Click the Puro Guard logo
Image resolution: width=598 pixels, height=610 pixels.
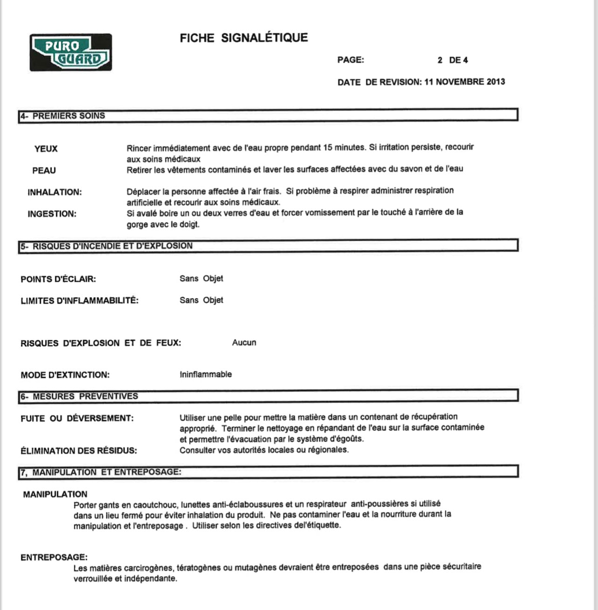click(71, 52)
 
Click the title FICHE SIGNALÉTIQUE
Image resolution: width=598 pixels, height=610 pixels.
click(244, 38)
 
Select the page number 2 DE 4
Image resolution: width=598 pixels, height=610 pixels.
click(452, 60)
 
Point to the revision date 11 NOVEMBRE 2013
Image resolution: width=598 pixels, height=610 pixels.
click(464, 82)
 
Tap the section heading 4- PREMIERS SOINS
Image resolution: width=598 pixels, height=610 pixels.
click(63, 116)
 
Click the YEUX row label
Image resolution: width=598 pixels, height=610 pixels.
click(46, 149)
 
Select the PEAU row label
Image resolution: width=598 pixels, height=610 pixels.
click(44, 171)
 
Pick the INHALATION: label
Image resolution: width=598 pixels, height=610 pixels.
click(54, 192)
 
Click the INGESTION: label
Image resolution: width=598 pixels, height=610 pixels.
click(52, 214)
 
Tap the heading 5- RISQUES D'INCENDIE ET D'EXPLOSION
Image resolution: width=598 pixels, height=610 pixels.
click(107, 246)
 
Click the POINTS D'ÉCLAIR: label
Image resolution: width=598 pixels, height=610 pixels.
click(58, 279)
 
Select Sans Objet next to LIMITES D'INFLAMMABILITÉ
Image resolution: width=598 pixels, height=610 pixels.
click(201, 300)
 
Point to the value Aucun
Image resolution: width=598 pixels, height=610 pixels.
click(244, 343)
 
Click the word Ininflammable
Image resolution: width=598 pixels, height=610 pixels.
click(206, 374)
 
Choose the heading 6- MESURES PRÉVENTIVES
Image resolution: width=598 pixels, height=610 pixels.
click(79, 397)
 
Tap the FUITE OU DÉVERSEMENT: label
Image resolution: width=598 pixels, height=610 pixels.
click(77, 418)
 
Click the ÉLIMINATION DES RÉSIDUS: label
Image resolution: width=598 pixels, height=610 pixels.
click(79, 451)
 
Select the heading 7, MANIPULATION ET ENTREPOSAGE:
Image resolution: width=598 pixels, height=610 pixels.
click(101, 472)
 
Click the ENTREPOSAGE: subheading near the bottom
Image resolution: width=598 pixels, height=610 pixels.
click(54, 557)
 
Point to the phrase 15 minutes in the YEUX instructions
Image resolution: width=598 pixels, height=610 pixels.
click(344, 147)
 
